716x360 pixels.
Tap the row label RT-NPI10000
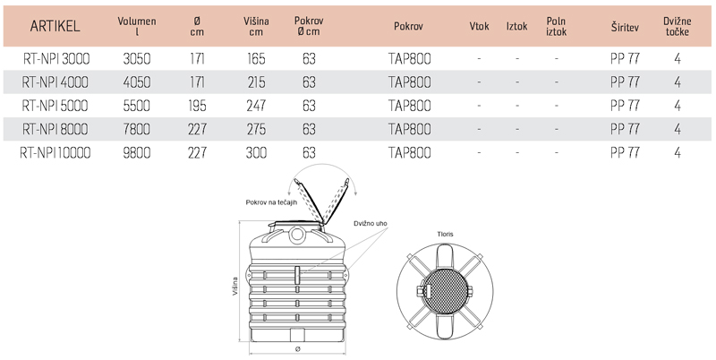click(55, 153)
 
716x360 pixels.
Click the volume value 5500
click(136, 106)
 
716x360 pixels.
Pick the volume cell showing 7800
click(136, 130)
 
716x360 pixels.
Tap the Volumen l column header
click(136, 26)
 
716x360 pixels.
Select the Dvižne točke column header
click(678, 26)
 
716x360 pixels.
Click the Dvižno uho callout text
click(369, 222)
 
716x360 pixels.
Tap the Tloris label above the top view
click(445, 234)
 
